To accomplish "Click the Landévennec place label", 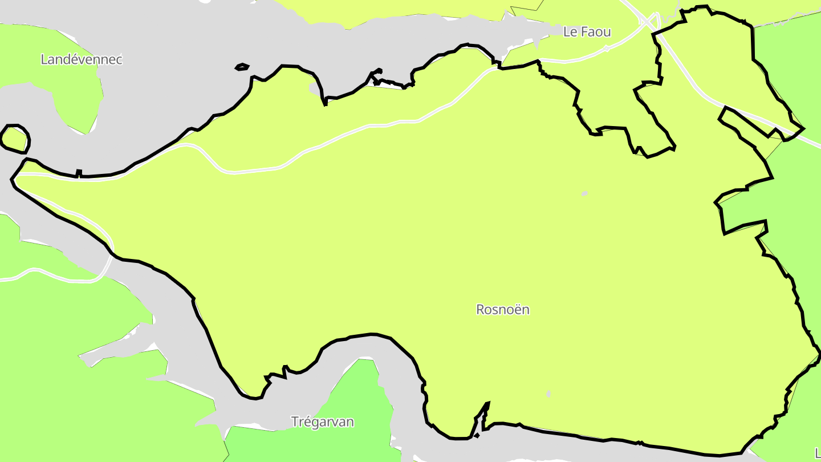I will coord(82,59).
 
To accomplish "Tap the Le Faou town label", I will coord(587,32).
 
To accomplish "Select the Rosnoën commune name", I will coord(503,310).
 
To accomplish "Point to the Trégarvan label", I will coord(322,422).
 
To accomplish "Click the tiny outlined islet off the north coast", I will coord(242,67).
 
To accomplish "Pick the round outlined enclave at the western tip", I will coord(15,139).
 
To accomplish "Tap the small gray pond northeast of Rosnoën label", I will coord(584,194).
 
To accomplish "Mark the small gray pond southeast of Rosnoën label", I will coord(548,394).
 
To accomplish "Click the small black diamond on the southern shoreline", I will coord(477,436).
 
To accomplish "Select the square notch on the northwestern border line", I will coord(79,172).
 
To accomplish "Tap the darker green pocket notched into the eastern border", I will coord(741,211).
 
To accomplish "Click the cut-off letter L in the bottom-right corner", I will coord(818,453).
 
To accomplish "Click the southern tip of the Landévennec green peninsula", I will coord(87,133).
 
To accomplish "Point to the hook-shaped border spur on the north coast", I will coord(375,78).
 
